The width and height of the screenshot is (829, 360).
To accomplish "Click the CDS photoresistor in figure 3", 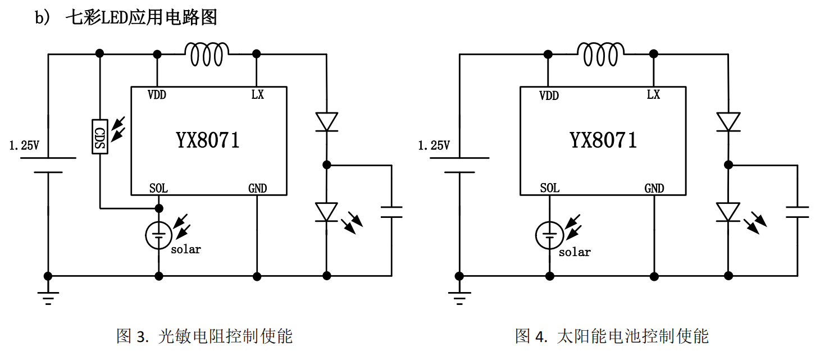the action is pos(100,136).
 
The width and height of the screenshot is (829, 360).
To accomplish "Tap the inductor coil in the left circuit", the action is pos(207,54).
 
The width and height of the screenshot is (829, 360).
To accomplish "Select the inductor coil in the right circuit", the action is pos(600,54).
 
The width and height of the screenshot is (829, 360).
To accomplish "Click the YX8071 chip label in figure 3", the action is pos(208,140).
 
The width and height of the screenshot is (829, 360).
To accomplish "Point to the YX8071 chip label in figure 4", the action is pos(603,140).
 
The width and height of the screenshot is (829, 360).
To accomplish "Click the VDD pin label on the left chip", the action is pos(157,95).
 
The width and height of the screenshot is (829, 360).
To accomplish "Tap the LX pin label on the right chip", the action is pos(653,95).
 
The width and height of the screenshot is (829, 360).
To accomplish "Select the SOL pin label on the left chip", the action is pos(158,188).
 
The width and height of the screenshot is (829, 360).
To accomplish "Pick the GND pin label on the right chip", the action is pos(654,188).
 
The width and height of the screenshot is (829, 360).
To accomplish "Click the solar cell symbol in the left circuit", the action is pos(159,235).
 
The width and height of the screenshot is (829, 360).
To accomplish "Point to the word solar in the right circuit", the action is pos(575,252).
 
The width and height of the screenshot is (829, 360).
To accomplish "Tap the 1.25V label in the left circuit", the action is pos(24,145).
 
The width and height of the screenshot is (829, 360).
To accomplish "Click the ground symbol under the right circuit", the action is pos(459,298).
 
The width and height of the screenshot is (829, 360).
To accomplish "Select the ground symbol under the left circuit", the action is pos(48,298).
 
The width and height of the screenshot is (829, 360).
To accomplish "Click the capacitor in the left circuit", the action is pos(391,212).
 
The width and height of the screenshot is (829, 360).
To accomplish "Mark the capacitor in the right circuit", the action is pos(797,212).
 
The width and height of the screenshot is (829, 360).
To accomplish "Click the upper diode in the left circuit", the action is pos(326,122).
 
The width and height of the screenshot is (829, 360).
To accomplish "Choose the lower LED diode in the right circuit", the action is pos(728,212).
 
